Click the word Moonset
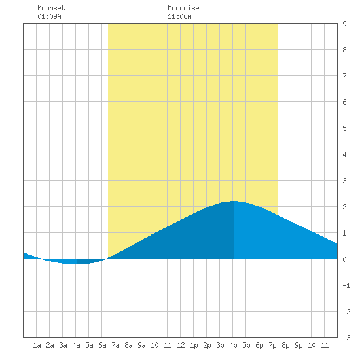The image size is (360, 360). (x=51, y=8)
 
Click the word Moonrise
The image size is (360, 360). (x=183, y=8)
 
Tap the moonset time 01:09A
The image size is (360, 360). (x=49, y=16)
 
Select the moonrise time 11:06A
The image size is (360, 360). (x=179, y=16)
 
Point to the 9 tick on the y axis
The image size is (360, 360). (x=344, y=24)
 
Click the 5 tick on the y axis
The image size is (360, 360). (x=344, y=128)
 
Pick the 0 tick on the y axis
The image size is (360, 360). (x=344, y=259)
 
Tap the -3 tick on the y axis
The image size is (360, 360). (x=347, y=338)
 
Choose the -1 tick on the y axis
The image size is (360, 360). (x=347, y=285)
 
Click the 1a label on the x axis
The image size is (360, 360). (x=37, y=345)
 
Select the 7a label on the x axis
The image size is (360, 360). (x=115, y=345)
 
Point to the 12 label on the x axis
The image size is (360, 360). (x=181, y=345)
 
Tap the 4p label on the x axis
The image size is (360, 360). (x=233, y=345)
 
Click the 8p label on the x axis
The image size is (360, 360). (x=285, y=345)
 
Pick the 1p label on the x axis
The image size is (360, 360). (x=194, y=345)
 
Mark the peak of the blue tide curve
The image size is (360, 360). (x=234, y=201)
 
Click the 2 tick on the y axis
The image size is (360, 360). (x=344, y=207)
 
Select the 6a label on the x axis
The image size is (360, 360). (x=102, y=345)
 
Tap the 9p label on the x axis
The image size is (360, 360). (x=298, y=345)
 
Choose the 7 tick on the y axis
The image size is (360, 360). (x=344, y=76)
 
